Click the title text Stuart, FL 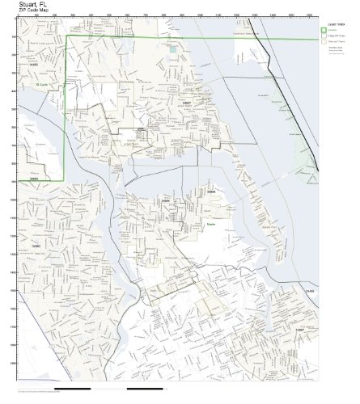coord(31,5)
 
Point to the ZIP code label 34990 coord(36,242)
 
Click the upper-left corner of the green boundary coord(66,36)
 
